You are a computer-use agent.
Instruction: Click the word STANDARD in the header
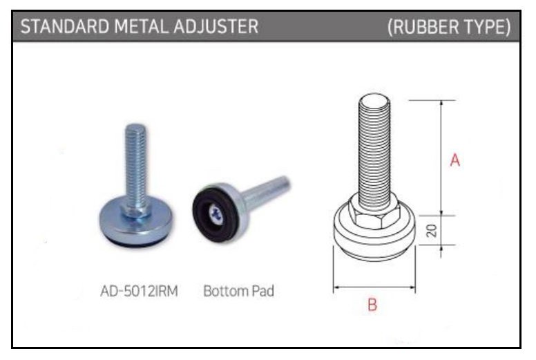(65, 26)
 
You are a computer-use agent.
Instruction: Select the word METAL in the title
(141, 26)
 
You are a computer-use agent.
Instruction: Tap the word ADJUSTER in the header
(216, 26)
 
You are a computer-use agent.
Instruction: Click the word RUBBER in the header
(422, 27)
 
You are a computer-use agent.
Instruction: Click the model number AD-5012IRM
(139, 292)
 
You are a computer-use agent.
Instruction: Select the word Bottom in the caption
(225, 291)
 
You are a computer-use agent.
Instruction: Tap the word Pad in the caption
(263, 291)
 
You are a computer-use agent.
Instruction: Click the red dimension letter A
(455, 160)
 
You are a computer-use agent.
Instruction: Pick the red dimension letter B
(372, 305)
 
